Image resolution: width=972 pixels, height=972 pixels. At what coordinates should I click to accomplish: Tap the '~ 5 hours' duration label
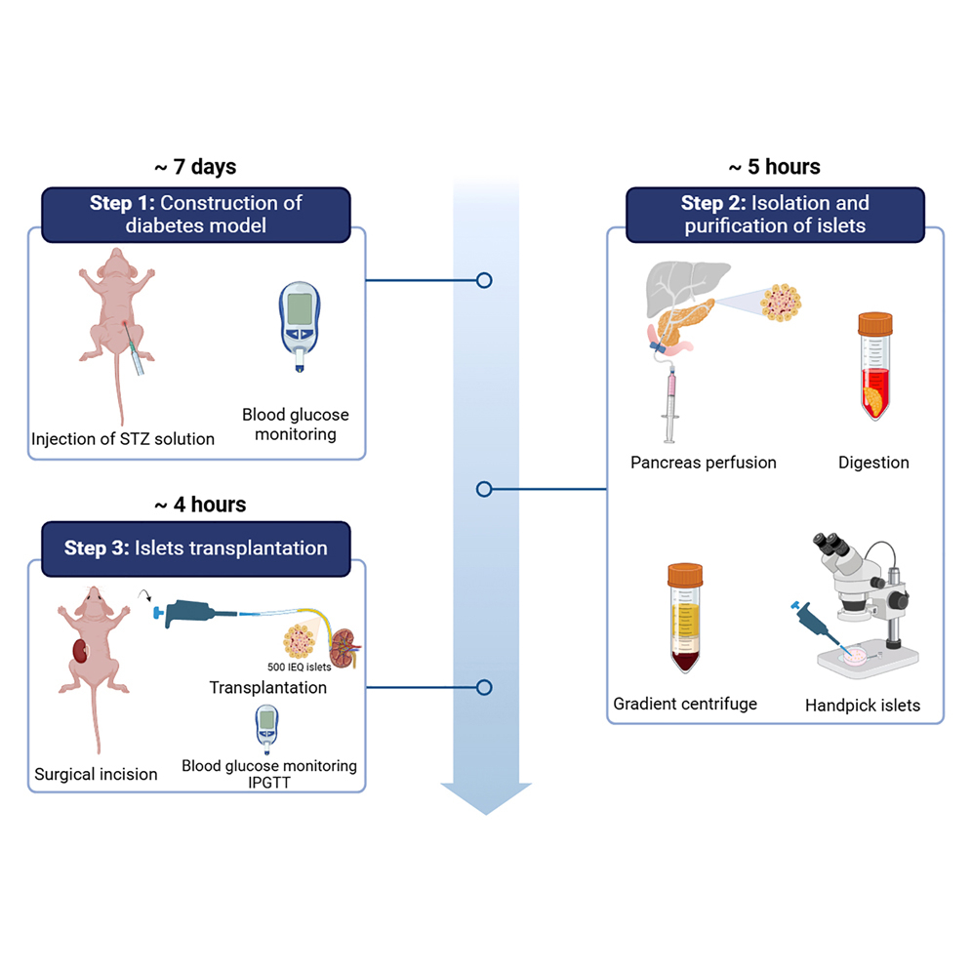(774, 167)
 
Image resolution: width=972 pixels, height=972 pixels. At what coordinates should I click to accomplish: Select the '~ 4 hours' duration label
(200, 505)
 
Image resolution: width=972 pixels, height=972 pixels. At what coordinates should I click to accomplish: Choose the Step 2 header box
(775, 215)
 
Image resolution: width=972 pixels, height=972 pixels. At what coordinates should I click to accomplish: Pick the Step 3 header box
(196, 547)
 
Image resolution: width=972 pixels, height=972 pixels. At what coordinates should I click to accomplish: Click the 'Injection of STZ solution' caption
(123, 438)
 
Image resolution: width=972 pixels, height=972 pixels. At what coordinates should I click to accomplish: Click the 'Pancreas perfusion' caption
(704, 463)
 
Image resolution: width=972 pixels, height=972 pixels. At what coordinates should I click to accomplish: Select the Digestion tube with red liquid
(875, 366)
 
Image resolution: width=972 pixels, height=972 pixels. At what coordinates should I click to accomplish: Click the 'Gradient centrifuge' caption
(684, 704)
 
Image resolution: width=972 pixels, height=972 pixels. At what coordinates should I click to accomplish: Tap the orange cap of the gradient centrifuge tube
(685, 573)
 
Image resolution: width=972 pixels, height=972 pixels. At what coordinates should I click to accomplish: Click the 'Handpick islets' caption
(863, 705)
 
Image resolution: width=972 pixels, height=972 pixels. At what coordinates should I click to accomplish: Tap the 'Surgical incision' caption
(96, 774)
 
